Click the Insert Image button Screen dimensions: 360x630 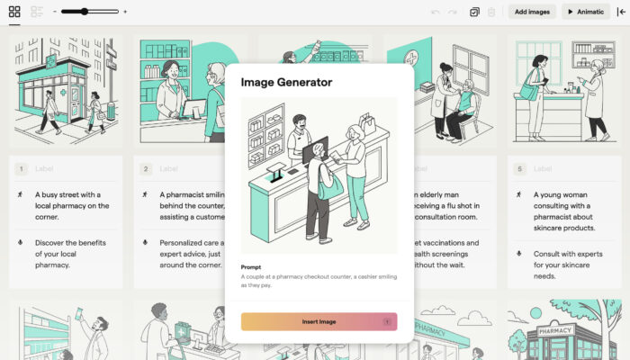coord(319,321)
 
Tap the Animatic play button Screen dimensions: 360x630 coord(585,12)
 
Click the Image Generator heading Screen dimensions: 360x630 coord(286,82)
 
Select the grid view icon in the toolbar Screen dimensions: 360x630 coord(14,12)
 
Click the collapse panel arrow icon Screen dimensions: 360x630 coord(621,12)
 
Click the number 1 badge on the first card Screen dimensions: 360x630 coord(21,168)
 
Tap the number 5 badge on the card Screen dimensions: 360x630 coord(519,168)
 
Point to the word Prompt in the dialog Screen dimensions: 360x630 coord(251,266)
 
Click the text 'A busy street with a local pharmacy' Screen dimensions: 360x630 coord(72,199)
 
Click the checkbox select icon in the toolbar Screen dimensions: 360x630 coord(474,12)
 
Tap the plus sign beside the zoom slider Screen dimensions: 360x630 coord(125,12)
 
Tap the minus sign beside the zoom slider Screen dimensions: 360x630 coord(55,12)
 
